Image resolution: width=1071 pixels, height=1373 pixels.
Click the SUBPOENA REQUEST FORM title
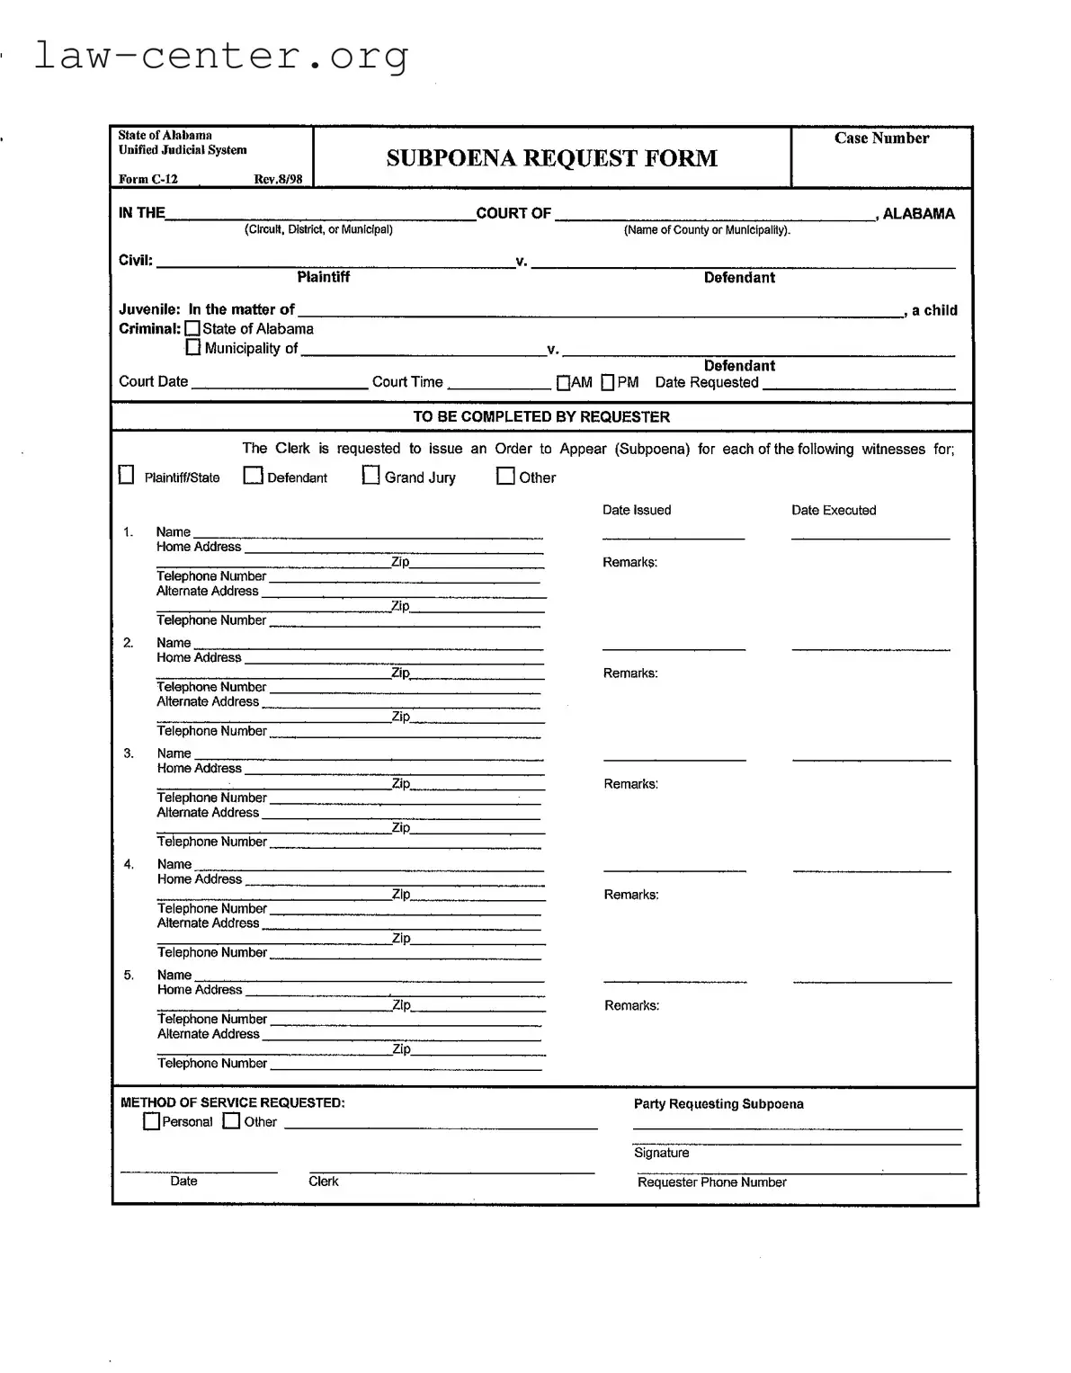[551, 158]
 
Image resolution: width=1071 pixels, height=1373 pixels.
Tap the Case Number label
[881, 138]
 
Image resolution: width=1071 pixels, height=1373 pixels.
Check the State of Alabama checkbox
[192, 329]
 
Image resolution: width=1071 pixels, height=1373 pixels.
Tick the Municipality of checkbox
[192, 347]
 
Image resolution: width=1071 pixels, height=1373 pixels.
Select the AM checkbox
[563, 383]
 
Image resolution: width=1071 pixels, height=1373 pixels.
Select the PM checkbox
[608, 383]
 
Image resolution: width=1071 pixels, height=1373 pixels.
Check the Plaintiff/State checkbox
[127, 475]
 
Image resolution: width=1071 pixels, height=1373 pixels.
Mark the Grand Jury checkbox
[370, 476]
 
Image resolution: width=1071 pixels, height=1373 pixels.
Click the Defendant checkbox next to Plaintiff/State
[254, 476]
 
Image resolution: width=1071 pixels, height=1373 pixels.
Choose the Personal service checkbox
[152, 1121]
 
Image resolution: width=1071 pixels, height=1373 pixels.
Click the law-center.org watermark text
[221, 56]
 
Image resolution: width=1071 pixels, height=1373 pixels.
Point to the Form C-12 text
[148, 179]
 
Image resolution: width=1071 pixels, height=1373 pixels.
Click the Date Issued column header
[637, 510]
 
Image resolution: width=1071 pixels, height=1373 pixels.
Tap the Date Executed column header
[834, 510]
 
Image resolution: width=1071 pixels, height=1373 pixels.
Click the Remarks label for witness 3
[630, 784]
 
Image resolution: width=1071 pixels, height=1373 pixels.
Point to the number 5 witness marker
[129, 975]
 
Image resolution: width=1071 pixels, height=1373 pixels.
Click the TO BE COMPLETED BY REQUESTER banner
[541, 417]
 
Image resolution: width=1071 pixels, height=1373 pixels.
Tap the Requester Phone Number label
[711, 1182]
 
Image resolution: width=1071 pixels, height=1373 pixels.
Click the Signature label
[661, 1153]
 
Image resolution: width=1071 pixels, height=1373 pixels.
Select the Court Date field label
[154, 381]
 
